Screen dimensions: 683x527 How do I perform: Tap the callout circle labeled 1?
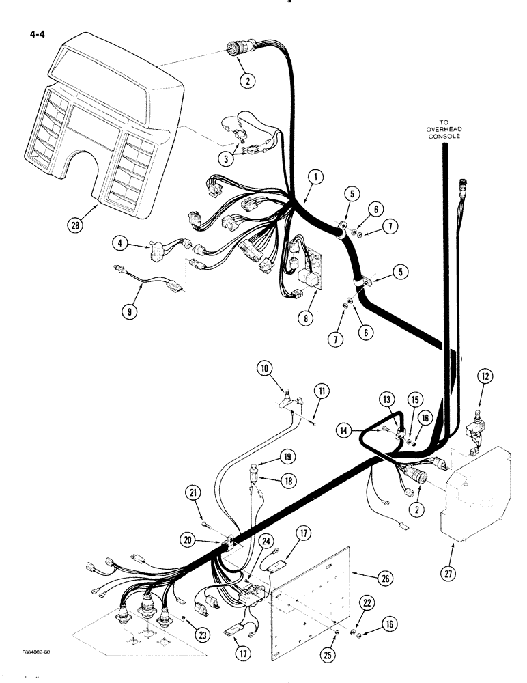coord(315,178)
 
